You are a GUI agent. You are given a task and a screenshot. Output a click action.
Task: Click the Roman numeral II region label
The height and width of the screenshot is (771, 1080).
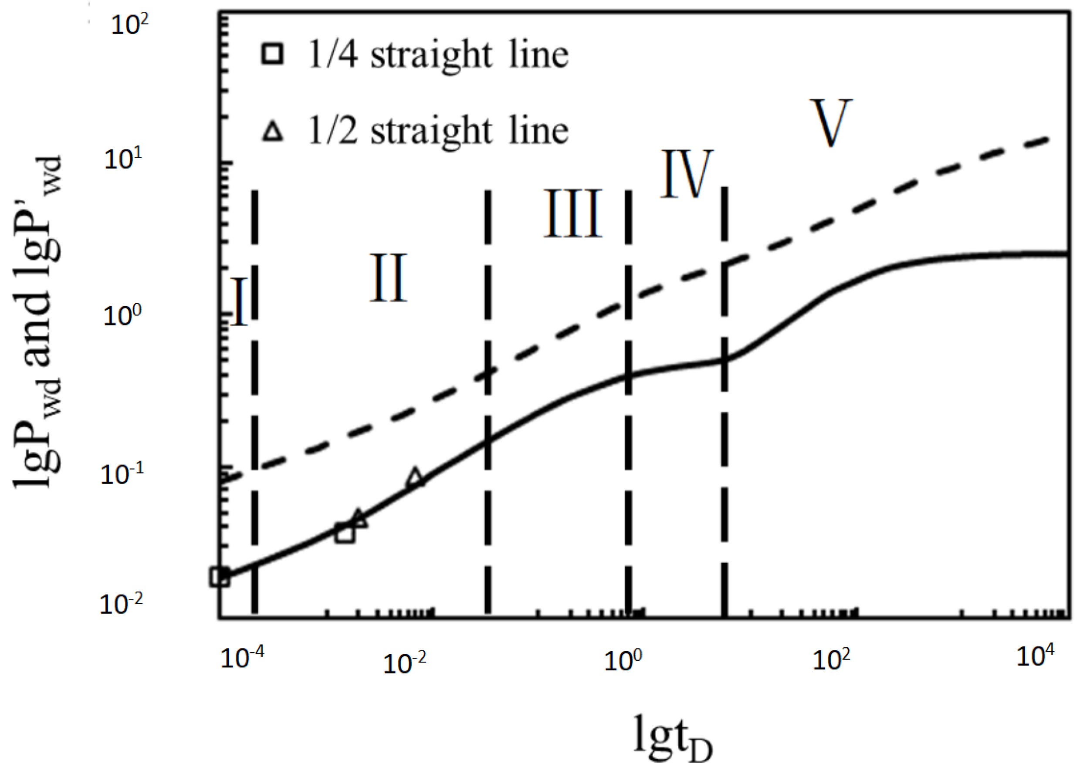388,278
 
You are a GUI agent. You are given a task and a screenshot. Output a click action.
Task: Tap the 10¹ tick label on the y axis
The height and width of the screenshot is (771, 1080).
122,160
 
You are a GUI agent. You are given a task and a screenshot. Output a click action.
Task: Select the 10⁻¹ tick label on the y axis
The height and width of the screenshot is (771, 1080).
122,474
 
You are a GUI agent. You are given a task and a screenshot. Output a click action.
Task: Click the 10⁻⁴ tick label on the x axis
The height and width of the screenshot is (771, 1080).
242,659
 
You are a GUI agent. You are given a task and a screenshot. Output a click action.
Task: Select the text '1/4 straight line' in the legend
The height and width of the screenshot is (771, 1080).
438,54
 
